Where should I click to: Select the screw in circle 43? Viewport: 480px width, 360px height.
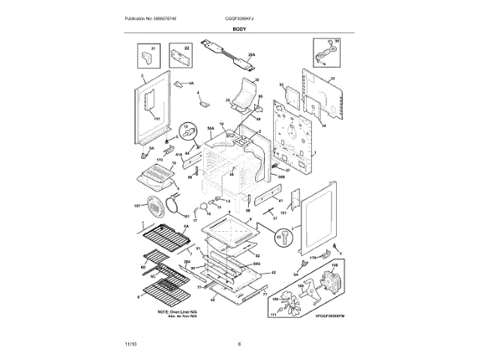coord(283,238)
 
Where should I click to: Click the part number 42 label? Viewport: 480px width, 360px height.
coord(274,272)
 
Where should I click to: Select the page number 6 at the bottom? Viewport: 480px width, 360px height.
coord(239,344)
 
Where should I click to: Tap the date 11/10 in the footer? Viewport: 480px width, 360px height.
coord(130,344)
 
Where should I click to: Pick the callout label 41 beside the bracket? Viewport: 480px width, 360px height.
coord(279,201)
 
